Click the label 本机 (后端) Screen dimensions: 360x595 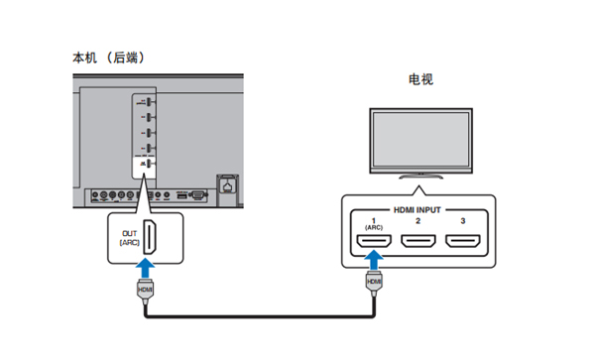click(110, 58)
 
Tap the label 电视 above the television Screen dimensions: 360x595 click(420, 79)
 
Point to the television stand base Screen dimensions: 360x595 click(420, 175)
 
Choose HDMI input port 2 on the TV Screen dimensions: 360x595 click(417, 241)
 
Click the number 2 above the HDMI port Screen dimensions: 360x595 click(417, 222)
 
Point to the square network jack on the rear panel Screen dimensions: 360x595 click(230, 183)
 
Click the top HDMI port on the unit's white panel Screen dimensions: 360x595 click(146, 103)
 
